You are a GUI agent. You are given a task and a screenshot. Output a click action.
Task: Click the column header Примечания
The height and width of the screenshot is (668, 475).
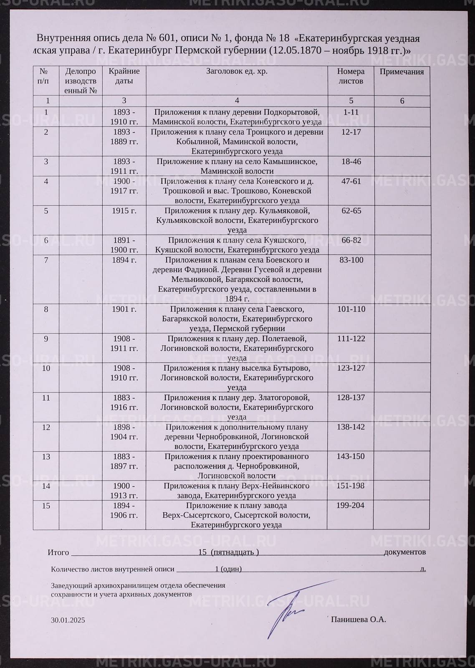pos(402,72)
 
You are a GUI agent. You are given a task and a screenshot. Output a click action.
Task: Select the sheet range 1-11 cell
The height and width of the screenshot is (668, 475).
pos(351,112)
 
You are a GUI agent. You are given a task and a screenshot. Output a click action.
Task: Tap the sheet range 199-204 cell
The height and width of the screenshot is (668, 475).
pos(351,506)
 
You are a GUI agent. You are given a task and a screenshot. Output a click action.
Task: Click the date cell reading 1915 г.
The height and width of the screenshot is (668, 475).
pos(124,211)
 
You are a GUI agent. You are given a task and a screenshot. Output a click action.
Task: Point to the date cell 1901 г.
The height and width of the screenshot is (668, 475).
pos(124,309)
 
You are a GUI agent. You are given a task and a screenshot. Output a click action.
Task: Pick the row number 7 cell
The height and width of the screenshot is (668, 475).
pos(46,260)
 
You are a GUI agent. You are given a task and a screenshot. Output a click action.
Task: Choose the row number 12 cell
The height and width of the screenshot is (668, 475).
pos(46,427)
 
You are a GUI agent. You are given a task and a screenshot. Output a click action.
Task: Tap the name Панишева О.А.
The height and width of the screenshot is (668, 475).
pos(358,620)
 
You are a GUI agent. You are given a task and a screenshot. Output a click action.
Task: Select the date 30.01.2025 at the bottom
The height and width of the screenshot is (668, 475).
pos(68,620)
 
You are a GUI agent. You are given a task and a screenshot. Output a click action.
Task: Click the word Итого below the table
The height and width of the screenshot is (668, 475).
pos(58,552)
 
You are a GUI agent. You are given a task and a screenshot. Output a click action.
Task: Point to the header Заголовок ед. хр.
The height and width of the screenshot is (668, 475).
pos(237,71)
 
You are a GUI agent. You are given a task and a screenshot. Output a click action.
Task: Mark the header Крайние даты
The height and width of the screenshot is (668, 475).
pos(124,76)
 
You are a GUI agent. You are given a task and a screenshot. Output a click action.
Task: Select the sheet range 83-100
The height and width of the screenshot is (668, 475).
pos(351,260)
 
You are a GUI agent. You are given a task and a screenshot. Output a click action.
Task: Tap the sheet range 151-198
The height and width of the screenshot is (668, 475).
pos(351,486)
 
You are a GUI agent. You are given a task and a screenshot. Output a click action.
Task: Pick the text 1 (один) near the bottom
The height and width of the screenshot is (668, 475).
pos(228,569)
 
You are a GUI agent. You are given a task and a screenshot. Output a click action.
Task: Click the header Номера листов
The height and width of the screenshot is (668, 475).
pos(351,76)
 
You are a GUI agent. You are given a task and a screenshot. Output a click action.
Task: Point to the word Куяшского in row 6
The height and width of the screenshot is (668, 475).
pos(284,240)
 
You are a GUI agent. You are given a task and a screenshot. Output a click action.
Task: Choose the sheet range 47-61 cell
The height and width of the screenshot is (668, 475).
pos(351,182)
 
